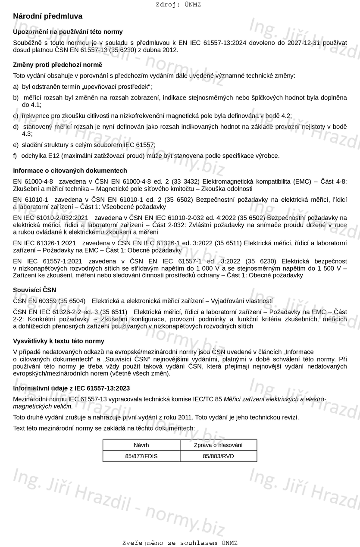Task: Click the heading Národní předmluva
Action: [x=47, y=16]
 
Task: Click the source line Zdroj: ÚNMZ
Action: [x=178, y=5]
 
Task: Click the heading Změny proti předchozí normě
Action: [x=57, y=65]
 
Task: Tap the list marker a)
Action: [x=16, y=87]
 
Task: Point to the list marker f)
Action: [x=16, y=156]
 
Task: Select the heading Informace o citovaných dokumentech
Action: [x=70, y=171]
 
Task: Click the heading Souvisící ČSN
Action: [x=34, y=290]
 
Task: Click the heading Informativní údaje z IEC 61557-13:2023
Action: [x=71, y=388]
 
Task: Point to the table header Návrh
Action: [x=141, y=445]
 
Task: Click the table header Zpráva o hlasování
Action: [x=218, y=445]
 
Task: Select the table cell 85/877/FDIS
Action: [x=141, y=456]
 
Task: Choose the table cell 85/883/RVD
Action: [x=218, y=456]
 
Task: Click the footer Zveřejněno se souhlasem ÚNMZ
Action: [x=180, y=543]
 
